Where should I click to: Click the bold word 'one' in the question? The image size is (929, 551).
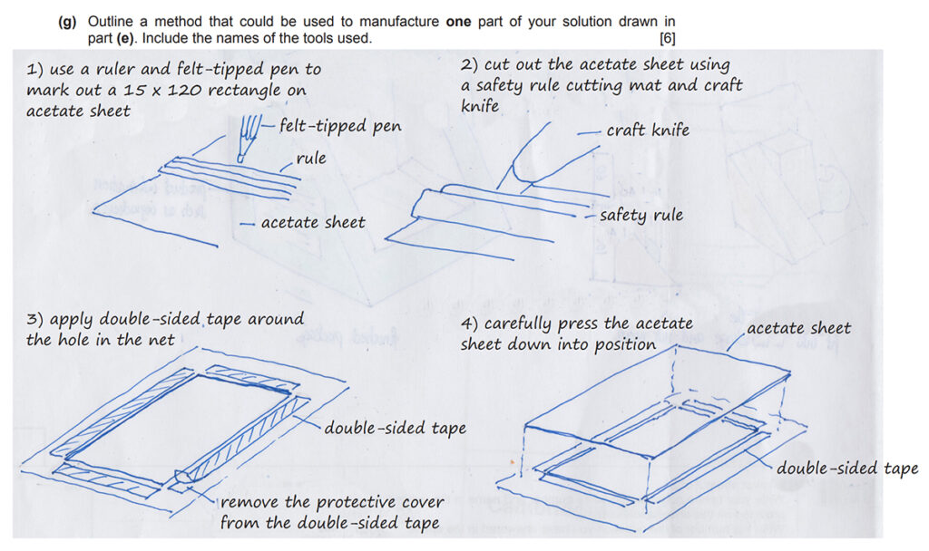pos(458,22)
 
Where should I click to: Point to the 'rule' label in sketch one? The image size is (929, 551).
pos(310,159)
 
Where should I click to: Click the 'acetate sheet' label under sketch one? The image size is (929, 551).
pos(312,222)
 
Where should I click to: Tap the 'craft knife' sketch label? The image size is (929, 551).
pos(648,130)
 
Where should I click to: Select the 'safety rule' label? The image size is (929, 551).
pos(641,216)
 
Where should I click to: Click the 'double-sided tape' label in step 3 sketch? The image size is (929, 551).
pos(396,427)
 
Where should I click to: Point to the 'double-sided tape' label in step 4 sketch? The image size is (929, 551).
pos(846,468)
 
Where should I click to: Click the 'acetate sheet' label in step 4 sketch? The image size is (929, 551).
pos(798,328)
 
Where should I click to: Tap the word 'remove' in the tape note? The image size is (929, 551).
pos(249,502)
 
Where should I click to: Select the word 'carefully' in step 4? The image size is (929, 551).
pos(523,324)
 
